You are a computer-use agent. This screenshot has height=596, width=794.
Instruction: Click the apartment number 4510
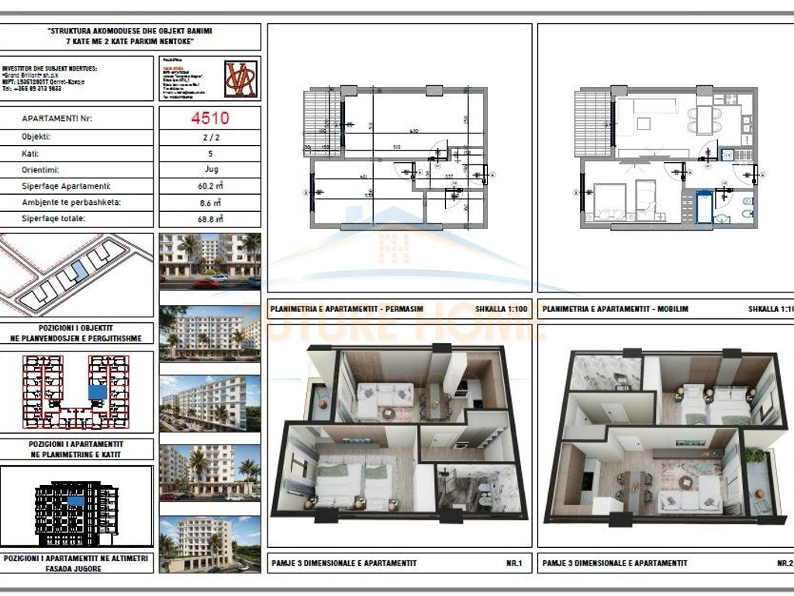pyautogui.click(x=209, y=119)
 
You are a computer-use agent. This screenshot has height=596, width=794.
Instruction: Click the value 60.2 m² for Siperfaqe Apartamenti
pyautogui.click(x=209, y=185)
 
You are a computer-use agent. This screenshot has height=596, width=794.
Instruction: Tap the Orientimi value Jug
pyautogui.click(x=209, y=169)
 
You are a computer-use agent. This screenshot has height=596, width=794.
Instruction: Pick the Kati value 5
pyautogui.click(x=209, y=153)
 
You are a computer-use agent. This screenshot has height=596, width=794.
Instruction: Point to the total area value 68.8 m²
pyautogui.click(x=209, y=219)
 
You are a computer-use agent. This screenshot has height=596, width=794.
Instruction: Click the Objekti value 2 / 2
pyautogui.click(x=209, y=136)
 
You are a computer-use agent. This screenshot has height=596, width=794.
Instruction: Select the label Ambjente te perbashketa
pyautogui.click(x=62, y=203)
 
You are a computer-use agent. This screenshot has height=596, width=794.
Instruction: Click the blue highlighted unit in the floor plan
pyautogui.click(x=97, y=392)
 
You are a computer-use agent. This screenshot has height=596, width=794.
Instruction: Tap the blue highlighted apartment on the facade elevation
pyautogui.click(x=75, y=501)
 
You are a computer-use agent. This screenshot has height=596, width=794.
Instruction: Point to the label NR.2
pyautogui.click(x=784, y=563)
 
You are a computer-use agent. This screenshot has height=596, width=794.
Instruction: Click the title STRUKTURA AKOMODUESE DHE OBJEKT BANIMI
pyautogui.click(x=130, y=31)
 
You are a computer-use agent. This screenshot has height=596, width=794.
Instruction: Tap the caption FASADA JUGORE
pyautogui.click(x=77, y=568)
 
